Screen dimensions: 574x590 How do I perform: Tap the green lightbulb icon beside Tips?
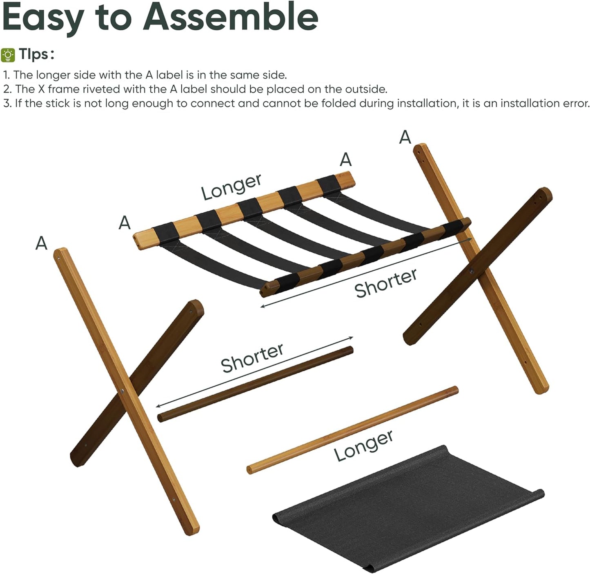(x=8, y=55)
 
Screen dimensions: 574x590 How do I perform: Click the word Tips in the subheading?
(x=36, y=54)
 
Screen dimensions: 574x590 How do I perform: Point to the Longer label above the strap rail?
(x=231, y=186)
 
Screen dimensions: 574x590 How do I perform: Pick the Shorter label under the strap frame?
(x=385, y=283)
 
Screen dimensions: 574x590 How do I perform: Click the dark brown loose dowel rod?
(x=255, y=384)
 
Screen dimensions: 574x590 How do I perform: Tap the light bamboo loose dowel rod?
(x=352, y=430)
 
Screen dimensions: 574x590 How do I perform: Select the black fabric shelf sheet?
(x=408, y=506)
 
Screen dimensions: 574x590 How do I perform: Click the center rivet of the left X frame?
(x=122, y=392)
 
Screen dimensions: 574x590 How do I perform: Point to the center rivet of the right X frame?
(x=472, y=270)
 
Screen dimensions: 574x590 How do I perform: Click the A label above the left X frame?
(x=41, y=243)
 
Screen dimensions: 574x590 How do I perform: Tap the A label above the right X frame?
(x=405, y=137)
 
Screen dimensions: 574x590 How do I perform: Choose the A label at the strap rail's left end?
(x=125, y=223)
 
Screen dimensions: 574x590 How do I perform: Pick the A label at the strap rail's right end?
(x=345, y=159)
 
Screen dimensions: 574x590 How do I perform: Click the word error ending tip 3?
(x=576, y=103)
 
